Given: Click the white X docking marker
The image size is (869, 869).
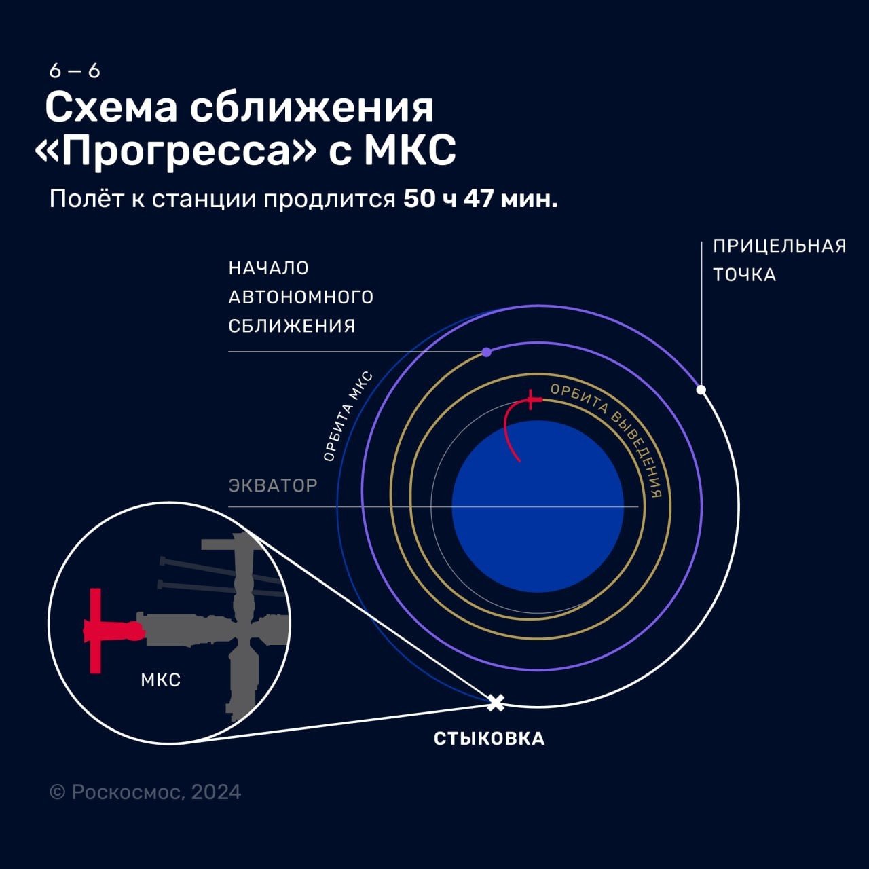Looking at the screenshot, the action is click(496, 703).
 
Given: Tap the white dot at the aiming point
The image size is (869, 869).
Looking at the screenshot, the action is click(701, 390).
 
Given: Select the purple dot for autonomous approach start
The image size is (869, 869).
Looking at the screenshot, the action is click(486, 352).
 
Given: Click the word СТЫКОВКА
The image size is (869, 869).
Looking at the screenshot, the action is click(489, 739).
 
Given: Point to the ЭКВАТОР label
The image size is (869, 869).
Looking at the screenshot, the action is click(273, 485).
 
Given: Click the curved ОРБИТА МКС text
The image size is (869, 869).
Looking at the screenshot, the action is click(348, 415).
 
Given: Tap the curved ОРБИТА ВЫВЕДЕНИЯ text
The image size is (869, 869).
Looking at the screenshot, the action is click(612, 437).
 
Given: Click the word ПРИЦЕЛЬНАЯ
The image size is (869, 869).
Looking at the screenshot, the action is click(779, 246).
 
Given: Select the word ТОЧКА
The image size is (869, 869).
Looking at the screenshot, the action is click(745, 275).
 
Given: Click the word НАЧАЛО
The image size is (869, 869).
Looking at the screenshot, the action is click(268, 268).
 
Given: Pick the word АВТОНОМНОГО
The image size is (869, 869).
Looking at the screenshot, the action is click(301, 297).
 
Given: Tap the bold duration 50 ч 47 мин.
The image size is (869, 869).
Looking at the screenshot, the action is click(480, 199).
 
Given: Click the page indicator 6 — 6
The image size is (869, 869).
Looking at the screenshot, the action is click(75, 71).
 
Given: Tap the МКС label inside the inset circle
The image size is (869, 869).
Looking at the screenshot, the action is click(160, 680).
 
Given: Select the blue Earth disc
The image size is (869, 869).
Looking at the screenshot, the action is click(538, 506).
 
